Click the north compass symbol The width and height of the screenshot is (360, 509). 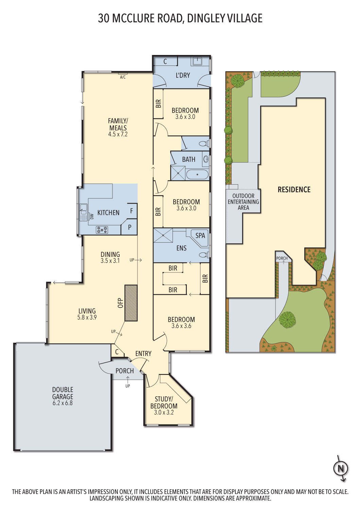340,469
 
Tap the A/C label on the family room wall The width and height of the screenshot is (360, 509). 123,77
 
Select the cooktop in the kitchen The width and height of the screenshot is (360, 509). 102,230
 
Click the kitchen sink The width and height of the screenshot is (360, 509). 83,212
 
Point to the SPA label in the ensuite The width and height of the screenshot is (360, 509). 200,235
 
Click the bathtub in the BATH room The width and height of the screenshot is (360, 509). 197,174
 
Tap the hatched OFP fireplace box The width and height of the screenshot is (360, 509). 131,303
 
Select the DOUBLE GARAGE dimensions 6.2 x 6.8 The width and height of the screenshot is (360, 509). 62,403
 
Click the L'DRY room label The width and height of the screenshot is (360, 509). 183,75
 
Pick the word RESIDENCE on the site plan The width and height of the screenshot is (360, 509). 294,189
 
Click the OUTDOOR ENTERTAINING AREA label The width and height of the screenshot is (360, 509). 243,202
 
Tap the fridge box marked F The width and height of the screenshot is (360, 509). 131,211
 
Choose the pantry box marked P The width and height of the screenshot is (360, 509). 129,227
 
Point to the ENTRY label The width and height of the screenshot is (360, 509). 143,353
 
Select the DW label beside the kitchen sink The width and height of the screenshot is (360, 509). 92,216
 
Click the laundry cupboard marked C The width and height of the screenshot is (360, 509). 165,61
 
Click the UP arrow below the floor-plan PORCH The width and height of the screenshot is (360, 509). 128,380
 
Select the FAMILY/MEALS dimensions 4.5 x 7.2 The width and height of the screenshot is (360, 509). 118,134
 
